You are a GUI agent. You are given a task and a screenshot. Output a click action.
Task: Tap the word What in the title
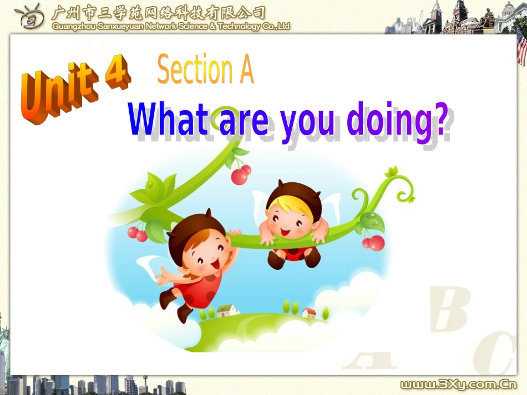(x=169, y=120)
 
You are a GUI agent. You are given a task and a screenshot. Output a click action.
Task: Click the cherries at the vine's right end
(x=374, y=242)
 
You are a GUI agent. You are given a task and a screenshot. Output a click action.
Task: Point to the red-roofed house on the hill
(x=309, y=313)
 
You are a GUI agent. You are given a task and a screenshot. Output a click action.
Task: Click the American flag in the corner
(x=521, y=47)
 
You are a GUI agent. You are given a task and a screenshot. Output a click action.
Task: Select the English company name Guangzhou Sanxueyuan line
(x=171, y=27)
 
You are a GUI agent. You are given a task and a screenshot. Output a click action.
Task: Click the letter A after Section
(x=244, y=71)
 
